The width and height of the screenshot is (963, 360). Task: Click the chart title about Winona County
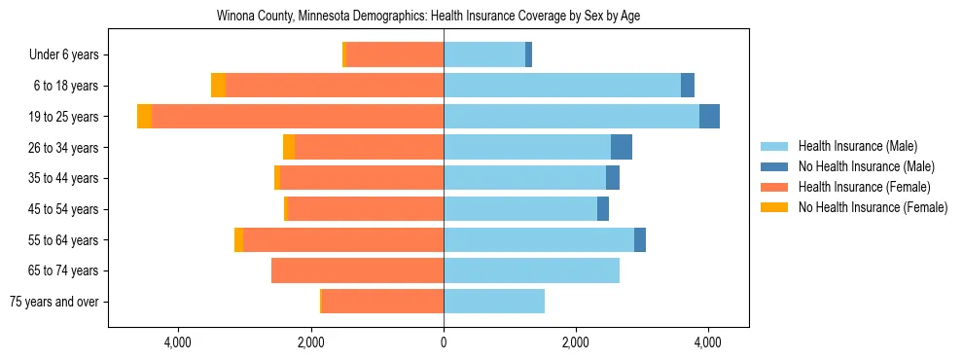point(428,17)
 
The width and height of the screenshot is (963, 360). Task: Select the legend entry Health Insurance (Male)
point(857,146)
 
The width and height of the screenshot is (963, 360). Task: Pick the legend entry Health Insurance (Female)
point(864,187)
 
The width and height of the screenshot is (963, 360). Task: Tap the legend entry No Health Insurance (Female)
point(873,207)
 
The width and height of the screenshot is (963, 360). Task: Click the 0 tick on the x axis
point(444,342)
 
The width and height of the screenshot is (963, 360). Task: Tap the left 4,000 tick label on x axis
point(178,342)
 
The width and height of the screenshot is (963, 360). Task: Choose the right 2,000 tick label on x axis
point(576,342)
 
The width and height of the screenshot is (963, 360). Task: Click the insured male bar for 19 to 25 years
point(571,117)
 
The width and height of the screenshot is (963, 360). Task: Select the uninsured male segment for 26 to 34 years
point(622,147)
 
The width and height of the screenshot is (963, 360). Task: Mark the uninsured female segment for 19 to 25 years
point(144,117)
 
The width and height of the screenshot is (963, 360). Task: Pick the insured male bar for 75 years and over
point(494,302)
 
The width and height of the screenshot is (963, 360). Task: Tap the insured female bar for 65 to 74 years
point(357,270)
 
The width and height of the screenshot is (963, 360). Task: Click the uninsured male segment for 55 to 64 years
point(640,239)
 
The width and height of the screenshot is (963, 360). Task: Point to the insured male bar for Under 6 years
point(484,55)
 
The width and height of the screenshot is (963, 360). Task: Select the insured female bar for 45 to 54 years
point(366,209)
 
